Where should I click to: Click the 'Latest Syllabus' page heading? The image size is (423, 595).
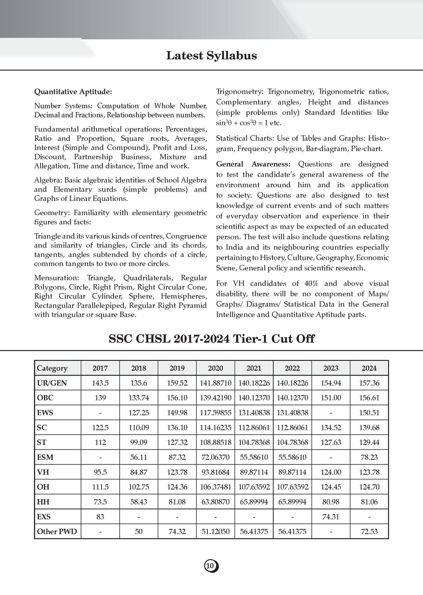coord(211,55)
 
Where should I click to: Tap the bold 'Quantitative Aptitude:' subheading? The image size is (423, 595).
coord(73,91)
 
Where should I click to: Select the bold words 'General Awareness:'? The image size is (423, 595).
coord(253,164)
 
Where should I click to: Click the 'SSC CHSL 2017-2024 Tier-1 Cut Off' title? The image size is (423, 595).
coord(211,339)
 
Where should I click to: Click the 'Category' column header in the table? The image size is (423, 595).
coord(52,368)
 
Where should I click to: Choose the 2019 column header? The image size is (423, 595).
coord(177,368)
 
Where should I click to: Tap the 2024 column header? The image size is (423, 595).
coord(369,368)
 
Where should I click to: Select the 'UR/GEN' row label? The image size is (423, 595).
coord(52,383)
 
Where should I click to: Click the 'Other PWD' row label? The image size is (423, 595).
coord(57,531)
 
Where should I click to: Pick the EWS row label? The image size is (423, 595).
coord(45,413)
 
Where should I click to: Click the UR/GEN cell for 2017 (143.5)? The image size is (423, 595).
coord(100,383)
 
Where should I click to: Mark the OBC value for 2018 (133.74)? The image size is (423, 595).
coord(139,398)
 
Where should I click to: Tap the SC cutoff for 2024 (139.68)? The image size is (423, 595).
coord(369,428)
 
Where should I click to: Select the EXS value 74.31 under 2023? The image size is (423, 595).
coord(331,516)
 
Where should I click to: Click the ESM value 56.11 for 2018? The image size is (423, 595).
coord(139,457)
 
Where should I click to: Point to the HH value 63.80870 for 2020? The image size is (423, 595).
coord(216,502)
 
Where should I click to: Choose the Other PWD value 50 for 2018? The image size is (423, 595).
coord(139,531)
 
